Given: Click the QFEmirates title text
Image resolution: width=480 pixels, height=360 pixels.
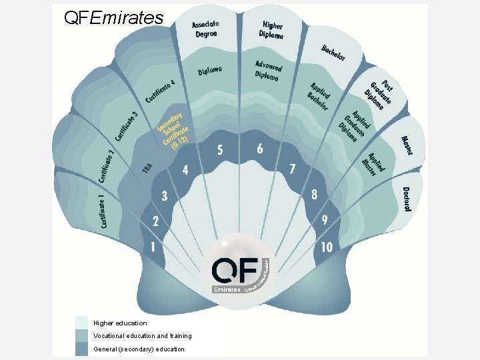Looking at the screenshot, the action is pyautogui.click(x=113, y=17).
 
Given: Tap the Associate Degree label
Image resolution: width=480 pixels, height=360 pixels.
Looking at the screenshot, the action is pyautogui.click(x=206, y=30).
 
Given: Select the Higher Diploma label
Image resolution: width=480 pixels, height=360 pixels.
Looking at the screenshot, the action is pyautogui.click(x=271, y=30).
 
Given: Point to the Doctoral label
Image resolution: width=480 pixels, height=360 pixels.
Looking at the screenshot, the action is pyautogui.click(x=407, y=199).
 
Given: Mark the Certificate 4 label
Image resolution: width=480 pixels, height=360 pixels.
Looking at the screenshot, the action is pyautogui.click(x=160, y=92).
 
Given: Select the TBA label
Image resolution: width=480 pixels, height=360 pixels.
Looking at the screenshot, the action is pyautogui.click(x=147, y=169).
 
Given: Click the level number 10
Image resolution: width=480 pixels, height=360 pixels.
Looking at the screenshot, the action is pyautogui.click(x=327, y=247).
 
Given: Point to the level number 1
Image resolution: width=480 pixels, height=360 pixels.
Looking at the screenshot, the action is pyautogui.click(x=153, y=247).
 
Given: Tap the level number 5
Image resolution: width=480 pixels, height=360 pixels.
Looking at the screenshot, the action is pyautogui.click(x=220, y=149).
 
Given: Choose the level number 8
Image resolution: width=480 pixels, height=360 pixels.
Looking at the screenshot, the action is pyautogui.click(x=314, y=195).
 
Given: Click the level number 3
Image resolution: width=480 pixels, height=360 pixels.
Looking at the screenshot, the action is pyautogui.click(x=164, y=195).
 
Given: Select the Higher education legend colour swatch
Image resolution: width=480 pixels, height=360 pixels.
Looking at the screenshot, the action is pyautogui.click(x=81, y=323).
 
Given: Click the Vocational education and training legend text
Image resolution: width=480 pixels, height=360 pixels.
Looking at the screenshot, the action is pyautogui.click(x=143, y=336).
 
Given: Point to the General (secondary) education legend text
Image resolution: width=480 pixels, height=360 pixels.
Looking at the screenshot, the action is pyautogui.click(x=139, y=349).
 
